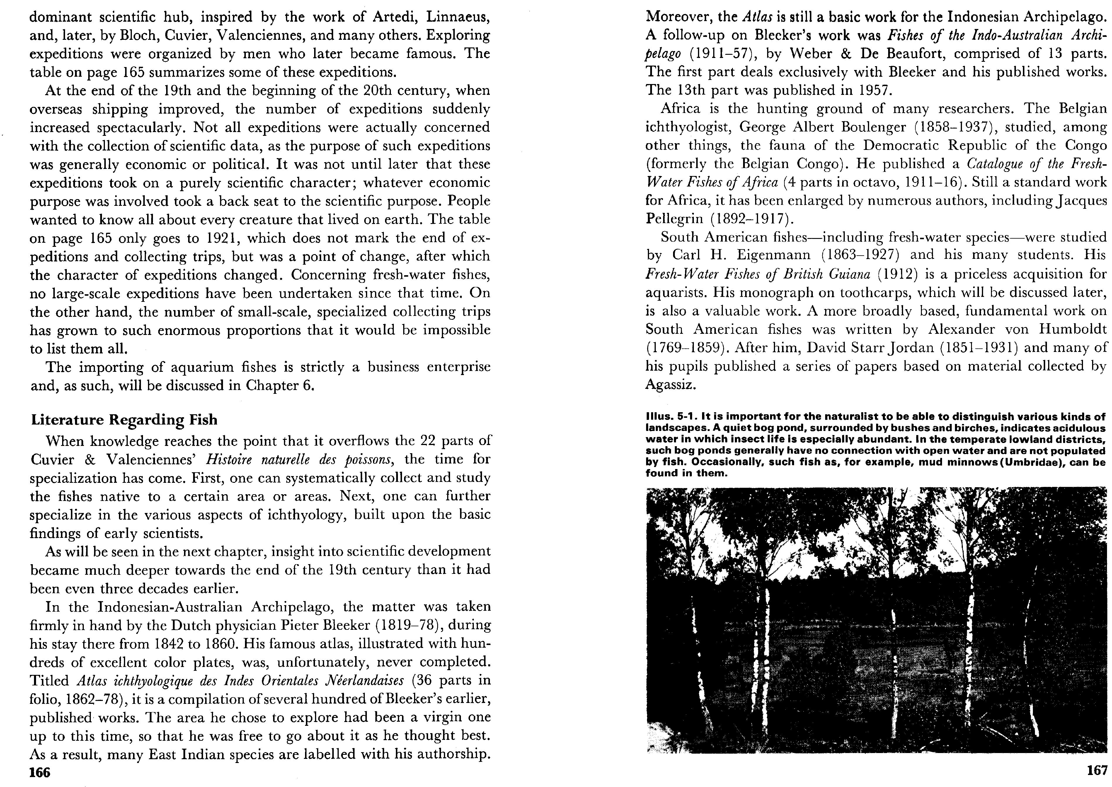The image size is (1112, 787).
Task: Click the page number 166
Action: click(x=40, y=772)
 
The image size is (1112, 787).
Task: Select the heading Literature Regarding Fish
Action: click(x=124, y=419)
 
